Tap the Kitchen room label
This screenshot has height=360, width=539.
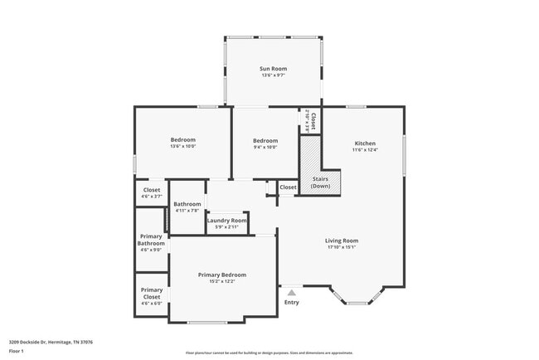coord(365,143)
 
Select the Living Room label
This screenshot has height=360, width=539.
coord(341,241)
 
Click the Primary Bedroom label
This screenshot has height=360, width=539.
coord(221,275)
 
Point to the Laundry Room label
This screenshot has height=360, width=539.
coord(226,220)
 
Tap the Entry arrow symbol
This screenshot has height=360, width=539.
coord(291,292)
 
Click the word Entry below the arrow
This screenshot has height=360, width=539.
coord(291,302)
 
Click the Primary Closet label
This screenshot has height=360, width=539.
coord(151,293)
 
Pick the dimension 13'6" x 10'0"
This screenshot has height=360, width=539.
coord(182,147)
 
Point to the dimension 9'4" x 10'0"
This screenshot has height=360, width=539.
coord(265,147)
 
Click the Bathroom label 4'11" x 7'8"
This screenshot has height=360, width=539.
coord(187,207)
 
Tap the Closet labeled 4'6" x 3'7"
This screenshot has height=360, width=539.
coord(151,192)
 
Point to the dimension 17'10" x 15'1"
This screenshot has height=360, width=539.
coord(341,247)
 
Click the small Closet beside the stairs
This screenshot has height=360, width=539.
coord(288,188)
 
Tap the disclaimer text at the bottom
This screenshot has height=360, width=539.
coord(269,352)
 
